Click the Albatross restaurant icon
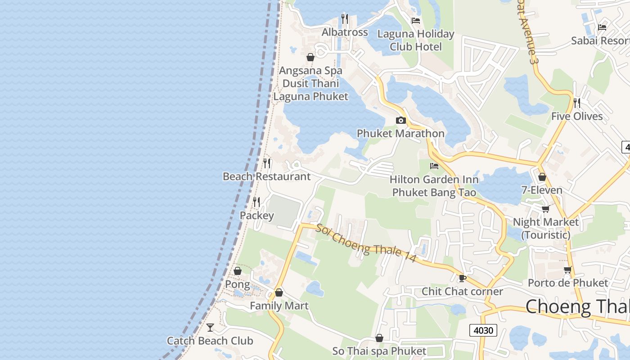click(345, 19)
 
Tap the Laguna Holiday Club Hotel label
click(416, 40)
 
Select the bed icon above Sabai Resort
click(602, 27)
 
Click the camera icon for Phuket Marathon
click(400, 120)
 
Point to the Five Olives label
click(577, 117)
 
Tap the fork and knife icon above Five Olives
click(577, 103)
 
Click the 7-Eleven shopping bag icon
click(542, 177)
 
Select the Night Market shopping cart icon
click(546, 209)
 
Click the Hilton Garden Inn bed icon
click(434, 166)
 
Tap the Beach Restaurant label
click(267, 176)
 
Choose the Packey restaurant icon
click(256, 202)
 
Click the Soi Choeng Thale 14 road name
click(366, 243)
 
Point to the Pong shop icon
click(238, 271)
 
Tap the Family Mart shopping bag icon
click(279, 292)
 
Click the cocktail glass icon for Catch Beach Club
click(210, 327)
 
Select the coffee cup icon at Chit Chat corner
click(462, 278)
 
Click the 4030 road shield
click(484, 330)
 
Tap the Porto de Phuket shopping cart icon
click(567, 270)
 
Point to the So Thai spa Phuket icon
click(379, 338)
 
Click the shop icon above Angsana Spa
click(310, 57)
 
